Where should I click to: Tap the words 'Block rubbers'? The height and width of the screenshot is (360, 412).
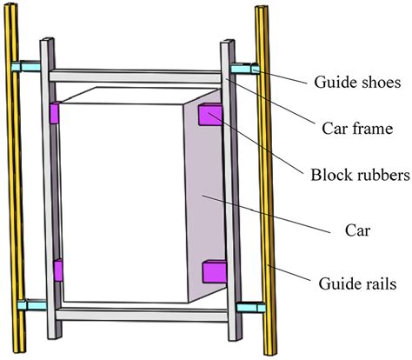[359, 174]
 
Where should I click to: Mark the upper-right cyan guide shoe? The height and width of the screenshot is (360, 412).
[245, 68]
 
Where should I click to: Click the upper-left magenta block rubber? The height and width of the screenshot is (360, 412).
[56, 114]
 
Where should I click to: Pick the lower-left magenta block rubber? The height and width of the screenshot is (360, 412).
[57, 270]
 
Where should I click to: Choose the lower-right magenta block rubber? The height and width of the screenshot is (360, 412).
[213, 273]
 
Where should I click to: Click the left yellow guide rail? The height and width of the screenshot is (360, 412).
[11, 191]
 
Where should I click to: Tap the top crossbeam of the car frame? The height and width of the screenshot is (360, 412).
[139, 76]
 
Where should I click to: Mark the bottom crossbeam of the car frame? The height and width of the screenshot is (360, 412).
[139, 314]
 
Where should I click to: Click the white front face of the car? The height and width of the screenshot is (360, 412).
[122, 200]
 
